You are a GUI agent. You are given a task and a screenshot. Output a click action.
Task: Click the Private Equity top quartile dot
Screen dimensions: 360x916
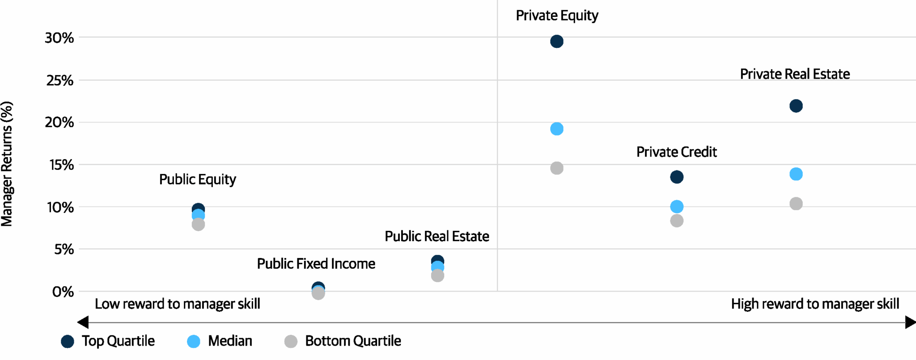(556, 42)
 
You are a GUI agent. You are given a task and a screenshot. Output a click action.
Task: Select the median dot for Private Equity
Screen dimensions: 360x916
(556, 129)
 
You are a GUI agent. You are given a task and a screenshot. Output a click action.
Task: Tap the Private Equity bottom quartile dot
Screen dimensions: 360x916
(556, 168)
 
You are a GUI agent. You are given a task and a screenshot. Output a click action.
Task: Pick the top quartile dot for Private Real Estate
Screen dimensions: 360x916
(796, 106)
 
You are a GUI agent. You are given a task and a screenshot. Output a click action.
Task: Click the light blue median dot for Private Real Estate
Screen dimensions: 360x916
(796, 174)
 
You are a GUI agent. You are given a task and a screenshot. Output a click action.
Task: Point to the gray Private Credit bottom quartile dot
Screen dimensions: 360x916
(676, 221)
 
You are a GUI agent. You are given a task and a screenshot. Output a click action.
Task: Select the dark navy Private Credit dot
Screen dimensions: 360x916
(676, 177)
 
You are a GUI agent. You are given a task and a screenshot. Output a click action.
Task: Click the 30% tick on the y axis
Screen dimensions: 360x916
(59, 38)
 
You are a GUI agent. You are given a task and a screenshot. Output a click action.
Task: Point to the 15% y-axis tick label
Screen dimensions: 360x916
(61, 165)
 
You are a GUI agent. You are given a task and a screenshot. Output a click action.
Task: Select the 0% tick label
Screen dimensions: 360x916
(63, 292)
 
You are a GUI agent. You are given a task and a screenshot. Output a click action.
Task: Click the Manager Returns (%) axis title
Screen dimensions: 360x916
(7, 164)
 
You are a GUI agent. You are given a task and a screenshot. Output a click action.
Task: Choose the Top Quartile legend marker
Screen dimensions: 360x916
(68, 342)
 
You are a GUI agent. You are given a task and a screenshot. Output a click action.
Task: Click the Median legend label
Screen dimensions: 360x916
(230, 341)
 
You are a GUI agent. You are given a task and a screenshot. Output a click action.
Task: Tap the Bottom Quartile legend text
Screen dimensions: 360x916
(353, 341)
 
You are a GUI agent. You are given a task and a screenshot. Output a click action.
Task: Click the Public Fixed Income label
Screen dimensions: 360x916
(316, 264)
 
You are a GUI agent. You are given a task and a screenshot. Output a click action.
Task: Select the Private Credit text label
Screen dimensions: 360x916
(676, 152)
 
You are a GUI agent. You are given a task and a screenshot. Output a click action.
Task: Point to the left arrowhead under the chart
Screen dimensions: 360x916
(83, 322)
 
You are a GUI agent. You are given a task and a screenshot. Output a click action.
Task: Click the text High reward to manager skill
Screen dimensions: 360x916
(815, 304)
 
